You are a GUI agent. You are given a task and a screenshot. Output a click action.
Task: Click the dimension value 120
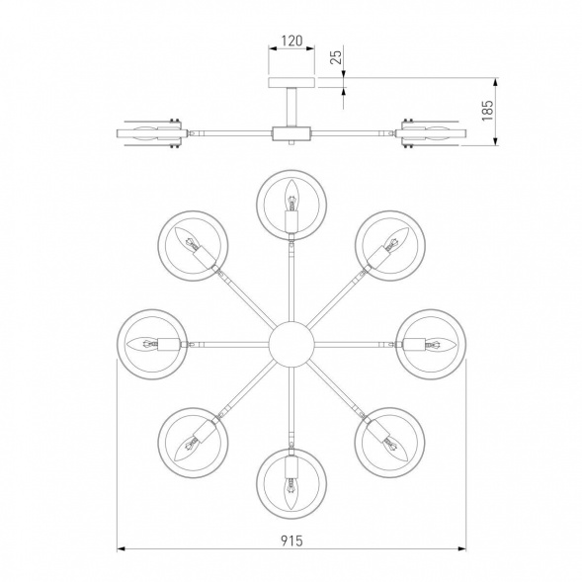pyautogui.click(x=291, y=41)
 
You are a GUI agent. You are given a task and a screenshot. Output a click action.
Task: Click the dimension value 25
pyautogui.click(x=336, y=56)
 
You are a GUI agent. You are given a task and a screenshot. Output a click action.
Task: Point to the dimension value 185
pyautogui.click(x=487, y=111)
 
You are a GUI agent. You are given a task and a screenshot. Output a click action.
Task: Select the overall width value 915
pyautogui.click(x=291, y=540)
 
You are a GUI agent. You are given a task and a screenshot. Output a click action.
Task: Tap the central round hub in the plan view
pyautogui.click(x=291, y=344)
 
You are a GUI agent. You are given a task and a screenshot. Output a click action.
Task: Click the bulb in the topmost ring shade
pyautogui.click(x=291, y=195)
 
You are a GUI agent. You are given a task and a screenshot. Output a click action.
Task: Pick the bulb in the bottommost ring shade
pyautogui.click(x=291, y=494)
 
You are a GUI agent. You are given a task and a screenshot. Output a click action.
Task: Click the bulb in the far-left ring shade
pyautogui.click(x=142, y=344)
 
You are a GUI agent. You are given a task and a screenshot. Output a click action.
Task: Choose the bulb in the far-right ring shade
pyautogui.click(x=441, y=344)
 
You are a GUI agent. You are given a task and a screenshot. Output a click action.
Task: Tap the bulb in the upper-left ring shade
pyautogui.click(x=187, y=239)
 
